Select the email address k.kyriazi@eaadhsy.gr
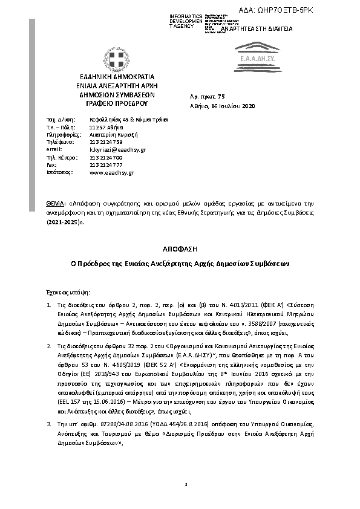click(117, 149)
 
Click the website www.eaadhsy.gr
click(111, 172)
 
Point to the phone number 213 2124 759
click(105, 141)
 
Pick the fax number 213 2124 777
click(105, 164)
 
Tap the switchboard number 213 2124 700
click(105, 157)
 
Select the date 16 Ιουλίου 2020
click(224, 105)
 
